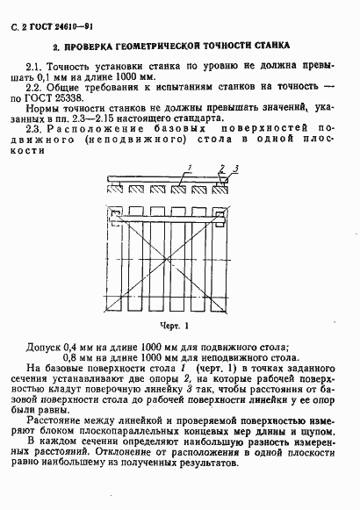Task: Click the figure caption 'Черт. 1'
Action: [x=176, y=325]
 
